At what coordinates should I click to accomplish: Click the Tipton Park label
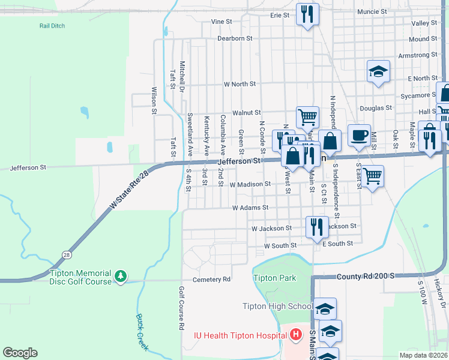click(x=274, y=278)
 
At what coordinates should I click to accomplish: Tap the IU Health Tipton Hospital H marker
click(x=295, y=334)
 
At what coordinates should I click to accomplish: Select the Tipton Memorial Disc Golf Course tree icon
click(x=121, y=275)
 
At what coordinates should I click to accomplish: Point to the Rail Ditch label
click(x=52, y=26)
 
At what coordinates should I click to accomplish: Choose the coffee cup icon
click(x=360, y=135)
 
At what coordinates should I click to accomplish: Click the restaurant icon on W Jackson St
click(x=316, y=226)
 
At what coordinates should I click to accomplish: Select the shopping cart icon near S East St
click(x=373, y=175)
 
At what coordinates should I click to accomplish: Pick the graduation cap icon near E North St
click(x=378, y=71)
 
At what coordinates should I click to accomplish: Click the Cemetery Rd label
click(x=211, y=280)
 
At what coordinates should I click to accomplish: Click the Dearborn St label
click(x=234, y=38)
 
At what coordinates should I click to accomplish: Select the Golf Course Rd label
click(x=181, y=308)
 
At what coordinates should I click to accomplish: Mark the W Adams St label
click(x=250, y=208)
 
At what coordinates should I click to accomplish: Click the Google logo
click(x=20, y=353)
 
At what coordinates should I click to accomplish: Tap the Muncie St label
click(x=371, y=11)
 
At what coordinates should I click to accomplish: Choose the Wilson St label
click(x=154, y=100)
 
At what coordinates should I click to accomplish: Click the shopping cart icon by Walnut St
click(x=307, y=116)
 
